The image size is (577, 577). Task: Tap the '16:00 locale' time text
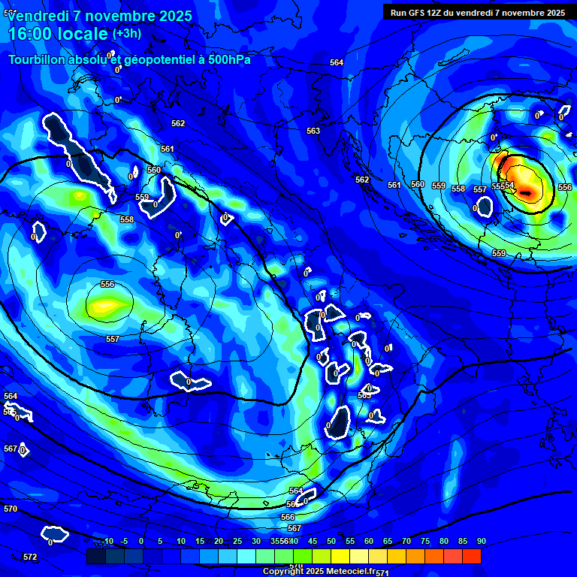(x=59, y=34)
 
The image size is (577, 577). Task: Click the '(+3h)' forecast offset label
(x=126, y=34)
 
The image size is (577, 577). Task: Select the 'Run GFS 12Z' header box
(x=478, y=12)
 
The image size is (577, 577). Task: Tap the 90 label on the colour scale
(x=481, y=541)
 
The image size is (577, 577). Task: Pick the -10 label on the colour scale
(x=107, y=541)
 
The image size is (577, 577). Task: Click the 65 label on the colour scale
(x=387, y=541)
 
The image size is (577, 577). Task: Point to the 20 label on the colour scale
(x=219, y=541)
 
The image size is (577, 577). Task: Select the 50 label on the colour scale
(x=331, y=541)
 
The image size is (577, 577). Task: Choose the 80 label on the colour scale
(x=443, y=541)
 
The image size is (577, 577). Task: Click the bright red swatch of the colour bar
(x=472, y=556)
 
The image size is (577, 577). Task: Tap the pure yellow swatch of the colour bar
(x=340, y=556)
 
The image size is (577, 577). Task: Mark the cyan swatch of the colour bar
(x=246, y=556)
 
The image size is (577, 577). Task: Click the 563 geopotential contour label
(x=313, y=131)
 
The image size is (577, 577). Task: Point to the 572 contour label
(x=30, y=557)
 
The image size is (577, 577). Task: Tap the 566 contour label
(x=288, y=518)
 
